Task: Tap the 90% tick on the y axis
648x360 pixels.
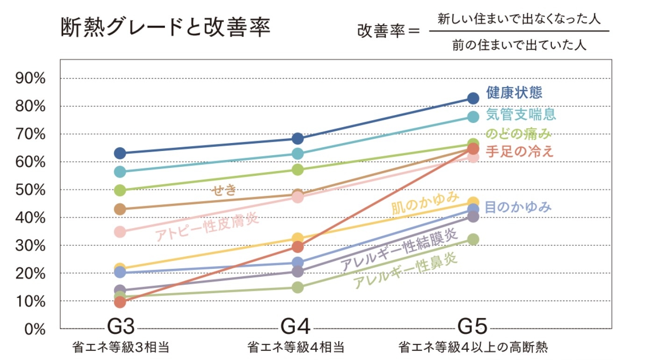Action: (x=30, y=79)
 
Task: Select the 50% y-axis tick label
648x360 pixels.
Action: (x=30, y=190)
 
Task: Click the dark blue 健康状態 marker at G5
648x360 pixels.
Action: (x=473, y=98)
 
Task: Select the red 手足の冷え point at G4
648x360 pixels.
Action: (x=298, y=247)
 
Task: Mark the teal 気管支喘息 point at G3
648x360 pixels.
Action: (x=120, y=172)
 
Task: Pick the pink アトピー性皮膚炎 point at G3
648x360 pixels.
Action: (x=120, y=232)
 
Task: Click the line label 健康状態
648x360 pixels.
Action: (x=514, y=93)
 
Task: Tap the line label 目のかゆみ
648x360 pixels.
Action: (x=519, y=207)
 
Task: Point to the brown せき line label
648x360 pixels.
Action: (x=224, y=190)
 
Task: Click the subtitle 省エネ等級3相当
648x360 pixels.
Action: (x=120, y=348)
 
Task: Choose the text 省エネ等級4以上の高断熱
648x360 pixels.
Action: (x=473, y=348)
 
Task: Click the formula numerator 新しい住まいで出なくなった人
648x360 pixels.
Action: (x=519, y=20)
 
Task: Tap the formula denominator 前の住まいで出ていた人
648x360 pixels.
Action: (x=519, y=45)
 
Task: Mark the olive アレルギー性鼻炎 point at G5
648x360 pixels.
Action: (x=473, y=239)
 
